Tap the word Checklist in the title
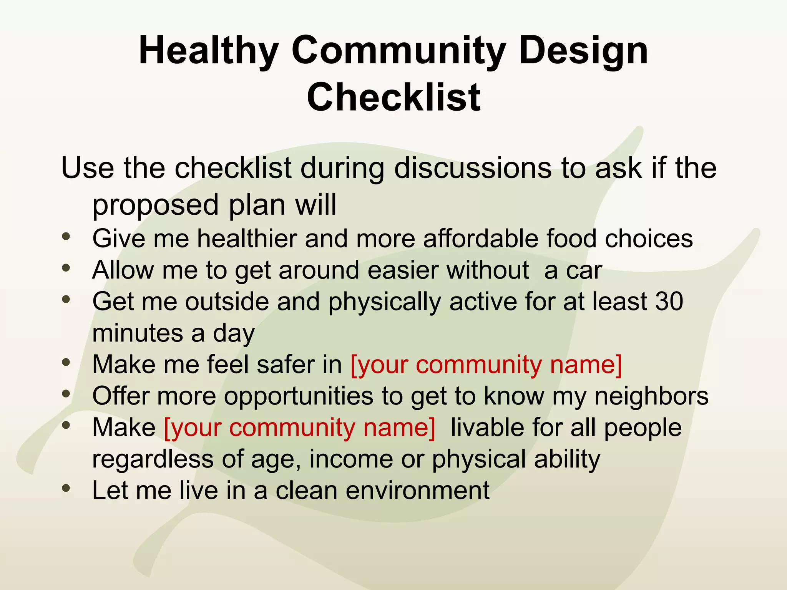click(393, 98)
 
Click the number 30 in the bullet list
click(669, 301)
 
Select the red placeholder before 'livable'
click(300, 428)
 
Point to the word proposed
click(156, 205)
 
